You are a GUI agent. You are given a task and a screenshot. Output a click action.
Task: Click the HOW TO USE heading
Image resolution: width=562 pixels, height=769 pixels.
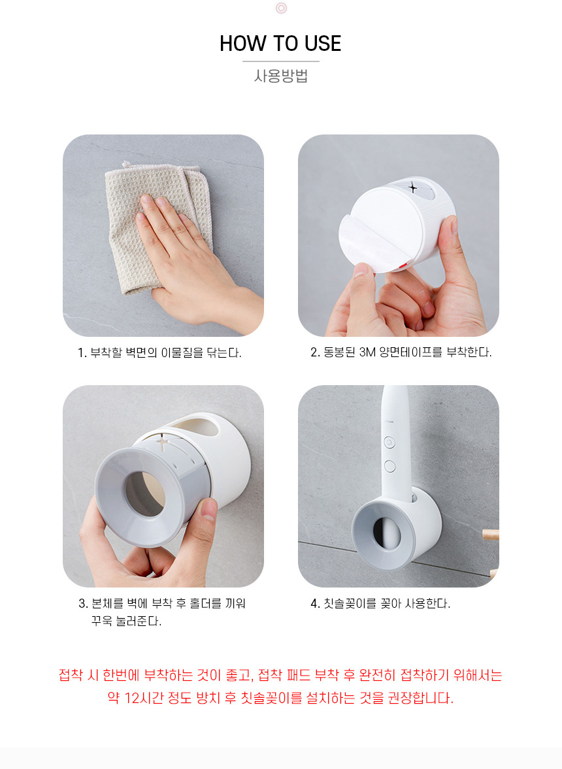[280, 43]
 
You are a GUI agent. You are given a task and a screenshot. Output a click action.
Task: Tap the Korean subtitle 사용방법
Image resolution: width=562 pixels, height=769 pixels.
[281, 76]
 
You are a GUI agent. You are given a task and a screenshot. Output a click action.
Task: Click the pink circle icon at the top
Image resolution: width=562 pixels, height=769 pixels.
[281, 8]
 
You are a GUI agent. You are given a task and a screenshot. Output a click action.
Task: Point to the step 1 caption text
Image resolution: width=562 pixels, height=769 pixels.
[159, 353]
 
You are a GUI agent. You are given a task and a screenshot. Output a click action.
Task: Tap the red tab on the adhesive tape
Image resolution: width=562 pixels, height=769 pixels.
[403, 266]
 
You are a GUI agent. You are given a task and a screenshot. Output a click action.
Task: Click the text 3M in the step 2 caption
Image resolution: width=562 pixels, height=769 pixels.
[368, 352]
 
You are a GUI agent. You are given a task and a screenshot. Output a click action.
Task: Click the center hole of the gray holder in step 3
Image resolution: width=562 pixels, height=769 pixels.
[144, 494]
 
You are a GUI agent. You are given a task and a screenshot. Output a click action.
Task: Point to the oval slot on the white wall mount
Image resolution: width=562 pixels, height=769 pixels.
[196, 426]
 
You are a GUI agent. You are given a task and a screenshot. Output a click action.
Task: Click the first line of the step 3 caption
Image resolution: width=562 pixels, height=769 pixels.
[162, 603]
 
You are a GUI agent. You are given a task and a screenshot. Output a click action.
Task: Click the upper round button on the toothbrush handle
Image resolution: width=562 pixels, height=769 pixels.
[389, 443]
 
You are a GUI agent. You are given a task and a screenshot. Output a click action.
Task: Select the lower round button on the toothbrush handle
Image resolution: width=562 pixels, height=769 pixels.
[389, 466]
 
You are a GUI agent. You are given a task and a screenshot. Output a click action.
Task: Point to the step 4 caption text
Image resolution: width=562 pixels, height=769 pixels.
[380, 603]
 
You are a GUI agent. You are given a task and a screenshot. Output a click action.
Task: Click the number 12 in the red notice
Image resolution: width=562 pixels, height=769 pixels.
[133, 697]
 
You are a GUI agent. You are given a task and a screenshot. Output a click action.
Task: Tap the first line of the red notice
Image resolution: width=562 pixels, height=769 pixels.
[280, 675]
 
